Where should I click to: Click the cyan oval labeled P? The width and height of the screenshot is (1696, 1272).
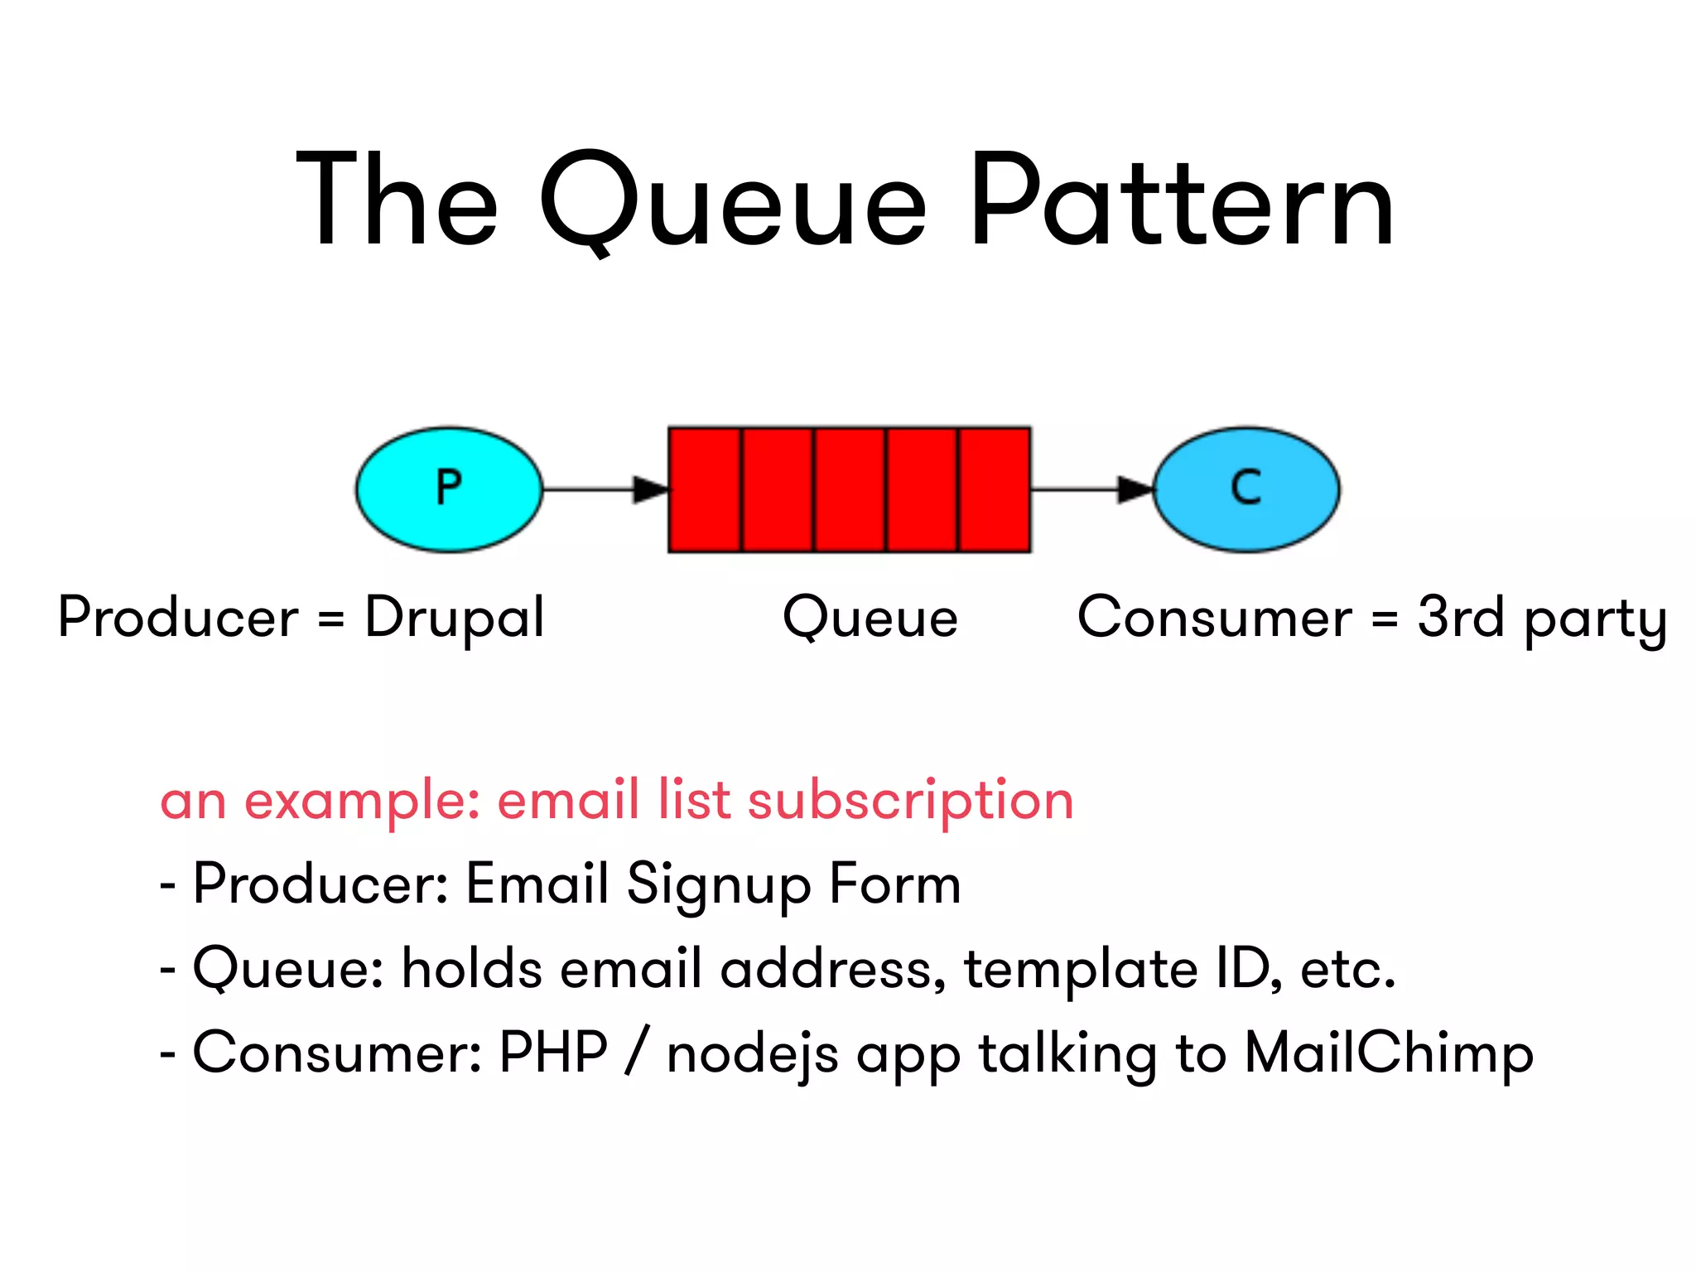pos(449,489)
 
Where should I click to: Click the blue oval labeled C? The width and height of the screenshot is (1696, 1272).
pos(1246,489)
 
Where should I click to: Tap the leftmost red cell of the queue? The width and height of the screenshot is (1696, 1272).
pos(705,489)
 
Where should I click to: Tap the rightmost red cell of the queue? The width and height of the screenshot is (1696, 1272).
pos(995,489)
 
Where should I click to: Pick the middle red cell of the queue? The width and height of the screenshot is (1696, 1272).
pos(850,489)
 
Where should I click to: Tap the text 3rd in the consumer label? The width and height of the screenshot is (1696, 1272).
pos(1460,617)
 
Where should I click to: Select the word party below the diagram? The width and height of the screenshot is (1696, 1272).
pos(1595,621)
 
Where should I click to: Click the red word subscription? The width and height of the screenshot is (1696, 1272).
pos(910,802)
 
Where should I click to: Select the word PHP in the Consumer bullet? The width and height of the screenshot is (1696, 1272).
pos(553,1053)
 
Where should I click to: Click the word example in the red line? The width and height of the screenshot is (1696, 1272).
pos(362,802)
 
